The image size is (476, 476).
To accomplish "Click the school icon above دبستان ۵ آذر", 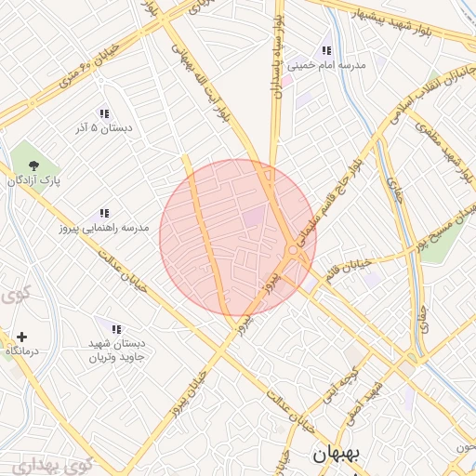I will click(x=103, y=112).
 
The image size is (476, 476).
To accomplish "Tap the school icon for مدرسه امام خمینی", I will click(x=326, y=50).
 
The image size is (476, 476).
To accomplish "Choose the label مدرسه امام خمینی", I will click(x=326, y=66).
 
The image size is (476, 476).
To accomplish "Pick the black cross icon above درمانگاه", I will click(x=21, y=336).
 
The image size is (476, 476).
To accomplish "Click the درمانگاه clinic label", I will click(x=21, y=351).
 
